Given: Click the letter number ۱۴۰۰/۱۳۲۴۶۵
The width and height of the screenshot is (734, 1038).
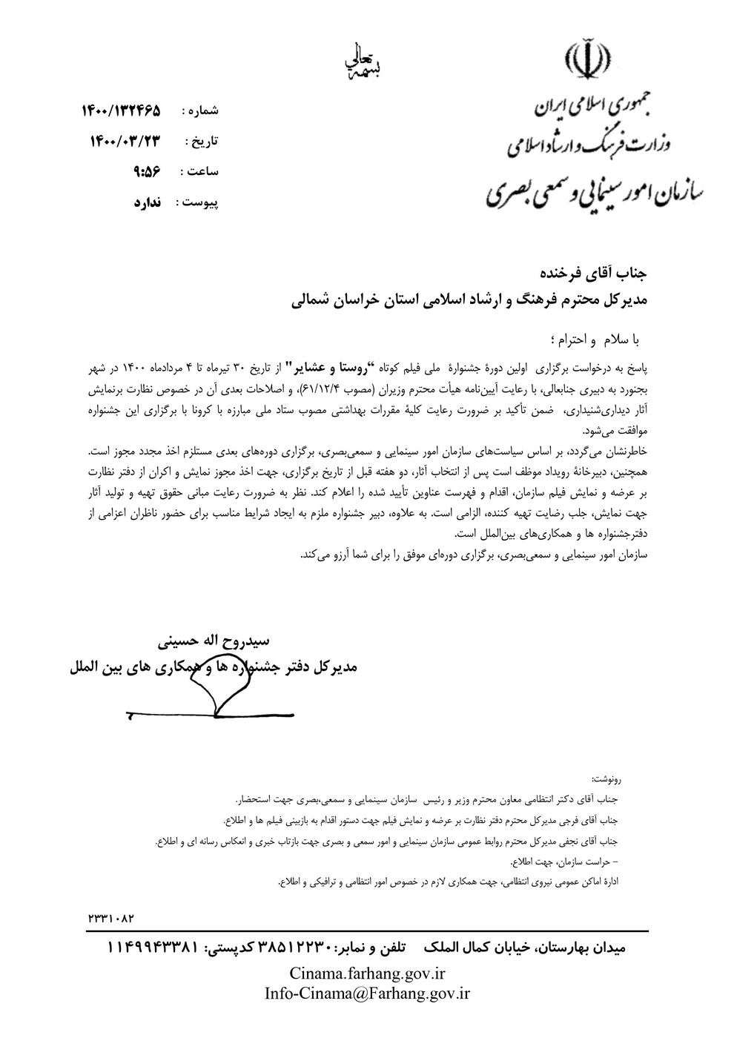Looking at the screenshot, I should tap(121, 111).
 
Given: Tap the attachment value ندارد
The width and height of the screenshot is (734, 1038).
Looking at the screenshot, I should tap(148, 202).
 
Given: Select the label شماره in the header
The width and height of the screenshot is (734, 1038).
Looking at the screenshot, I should tap(201, 111).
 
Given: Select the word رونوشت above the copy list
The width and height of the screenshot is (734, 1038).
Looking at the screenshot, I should tap(608, 781).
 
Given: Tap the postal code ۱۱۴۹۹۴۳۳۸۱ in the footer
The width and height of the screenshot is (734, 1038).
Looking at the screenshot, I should tap(153, 948).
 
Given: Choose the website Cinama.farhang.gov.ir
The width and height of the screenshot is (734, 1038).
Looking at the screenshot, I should tap(367, 973).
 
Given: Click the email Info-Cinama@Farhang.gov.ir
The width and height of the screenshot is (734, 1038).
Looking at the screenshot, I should tap(367, 994).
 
